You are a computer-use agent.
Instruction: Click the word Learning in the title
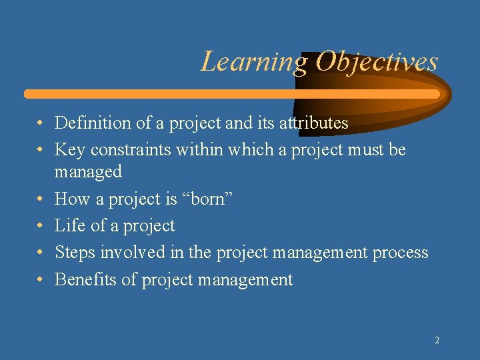[x=254, y=62]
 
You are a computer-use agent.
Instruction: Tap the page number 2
[x=437, y=340]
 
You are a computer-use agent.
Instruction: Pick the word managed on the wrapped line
[x=88, y=172]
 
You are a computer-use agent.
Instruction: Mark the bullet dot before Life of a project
[x=41, y=227]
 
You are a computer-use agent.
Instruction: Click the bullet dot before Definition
[x=41, y=124]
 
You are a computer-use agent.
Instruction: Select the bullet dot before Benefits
[x=41, y=281]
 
